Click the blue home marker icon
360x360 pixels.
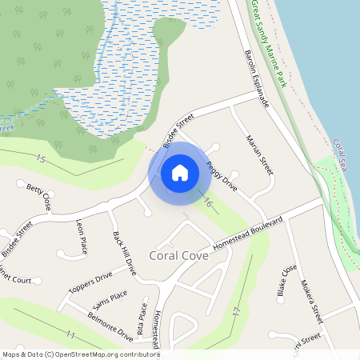180,171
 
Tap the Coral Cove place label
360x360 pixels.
179,256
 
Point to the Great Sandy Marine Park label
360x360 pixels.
269,44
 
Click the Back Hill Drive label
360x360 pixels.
125,254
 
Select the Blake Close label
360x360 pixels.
286,281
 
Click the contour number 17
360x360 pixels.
236,310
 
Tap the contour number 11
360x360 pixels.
71,334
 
